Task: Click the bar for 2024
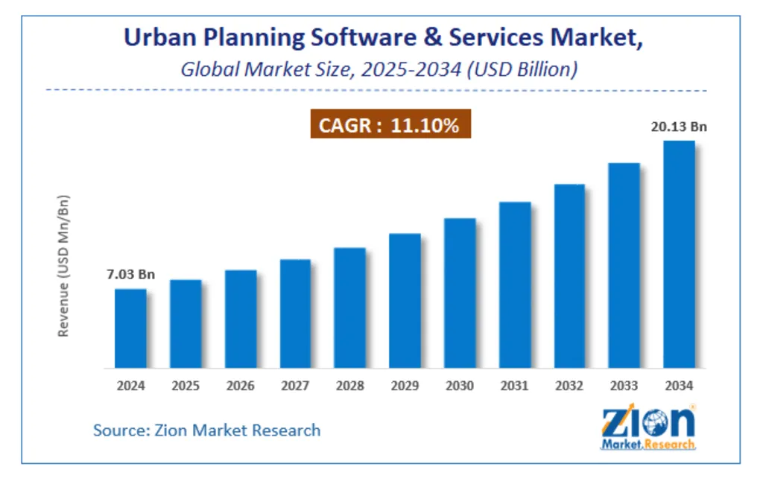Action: click(130, 328)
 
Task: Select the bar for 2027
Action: click(295, 313)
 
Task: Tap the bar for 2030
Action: click(460, 293)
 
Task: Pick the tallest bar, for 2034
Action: click(679, 254)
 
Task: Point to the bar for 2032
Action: click(569, 276)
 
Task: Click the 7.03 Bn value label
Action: click(130, 275)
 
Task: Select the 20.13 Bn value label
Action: click(678, 127)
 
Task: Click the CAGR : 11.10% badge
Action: click(390, 126)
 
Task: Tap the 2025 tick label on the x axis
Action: click(186, 386)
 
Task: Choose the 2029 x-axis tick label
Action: click(405, 386)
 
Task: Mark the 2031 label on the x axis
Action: click(514, 386)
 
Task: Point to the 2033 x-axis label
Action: click(624, 386)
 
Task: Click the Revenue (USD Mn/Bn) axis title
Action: click(64, 266)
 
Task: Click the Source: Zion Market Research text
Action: click(206, 430)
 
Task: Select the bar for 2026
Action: click(241, 319)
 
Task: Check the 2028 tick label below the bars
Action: click(350, 386)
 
